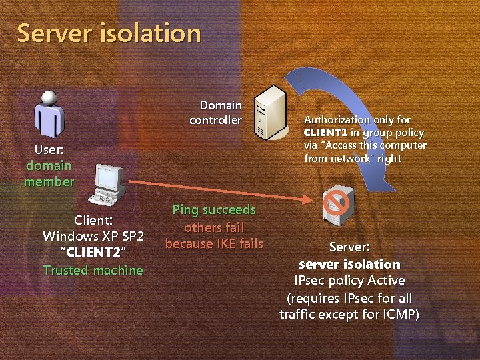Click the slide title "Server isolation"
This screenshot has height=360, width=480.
(x=109, y=33)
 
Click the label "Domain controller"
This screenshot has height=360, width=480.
(x=215, y=113)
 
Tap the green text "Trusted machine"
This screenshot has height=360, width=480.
(x=93, y=270)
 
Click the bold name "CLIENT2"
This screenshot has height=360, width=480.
(x=93, y=253)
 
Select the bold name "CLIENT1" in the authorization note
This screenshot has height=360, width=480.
(x=325, y=132)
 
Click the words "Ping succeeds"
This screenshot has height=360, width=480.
(x=214, y=210)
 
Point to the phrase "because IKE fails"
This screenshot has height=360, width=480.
(x=214, y=244)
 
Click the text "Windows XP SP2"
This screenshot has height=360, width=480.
(x=93, y=236)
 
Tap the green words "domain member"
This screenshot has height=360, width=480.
(x=49, y=173)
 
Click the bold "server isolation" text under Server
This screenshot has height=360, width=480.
(x=349, y=264)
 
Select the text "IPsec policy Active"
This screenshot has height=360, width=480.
(x=349, y=281)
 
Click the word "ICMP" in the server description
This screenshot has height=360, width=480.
(x=398, y=313)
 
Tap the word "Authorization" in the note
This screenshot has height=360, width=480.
(x=337, y=120)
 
